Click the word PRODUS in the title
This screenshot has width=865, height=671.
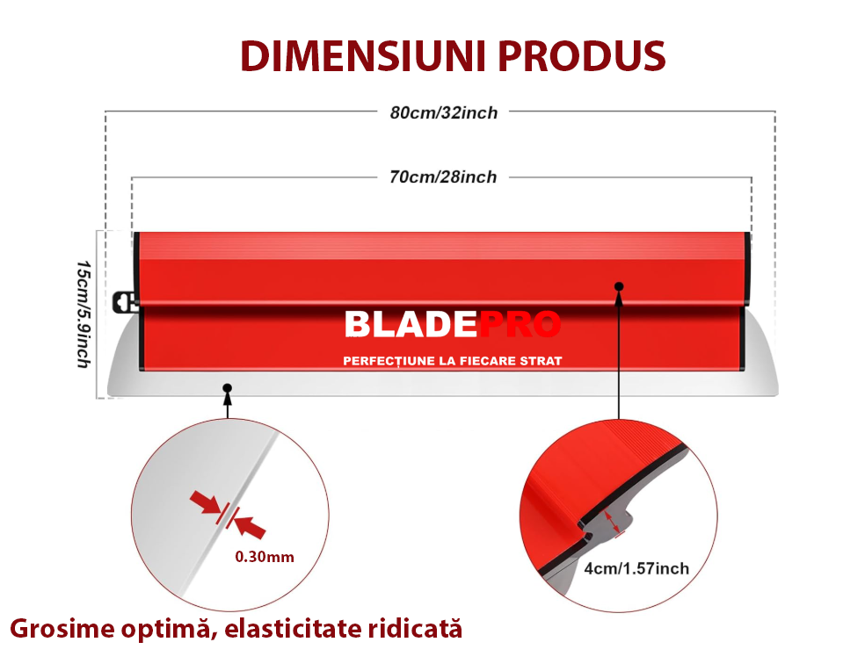coord(582,56)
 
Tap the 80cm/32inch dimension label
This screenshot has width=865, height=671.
coord(444,113)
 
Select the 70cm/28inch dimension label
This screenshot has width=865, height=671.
coord(443,177)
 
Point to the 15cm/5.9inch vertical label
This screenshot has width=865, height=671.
coord(84,314)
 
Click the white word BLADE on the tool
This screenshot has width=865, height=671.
coord(411,324)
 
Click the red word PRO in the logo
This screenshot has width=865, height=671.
coord(520,324)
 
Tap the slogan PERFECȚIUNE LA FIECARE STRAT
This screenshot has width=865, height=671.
coord(453,361)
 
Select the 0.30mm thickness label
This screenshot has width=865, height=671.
coord(265,557)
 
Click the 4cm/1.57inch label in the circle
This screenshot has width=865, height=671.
coord(636,568)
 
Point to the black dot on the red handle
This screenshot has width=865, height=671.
coord(619,286)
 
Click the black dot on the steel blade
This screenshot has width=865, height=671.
coord(228,388)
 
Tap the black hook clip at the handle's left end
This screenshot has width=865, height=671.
coord(125,301)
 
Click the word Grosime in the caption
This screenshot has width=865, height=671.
coord(62,630)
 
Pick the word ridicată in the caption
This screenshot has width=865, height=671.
coord(412,629)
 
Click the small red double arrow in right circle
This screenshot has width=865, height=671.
coord(613,522)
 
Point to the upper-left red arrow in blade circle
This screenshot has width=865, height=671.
coord(206,503)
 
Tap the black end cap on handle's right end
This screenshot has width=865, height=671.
coord(747,268)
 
